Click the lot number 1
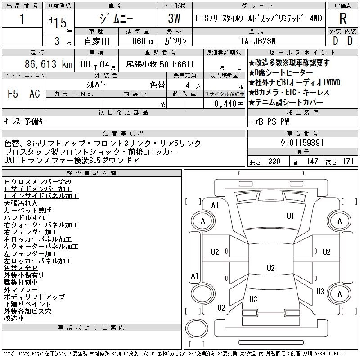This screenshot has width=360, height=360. pyautogui.click(x=22, y=20)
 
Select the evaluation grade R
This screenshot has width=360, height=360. pyautogui.click(x=342, y=19)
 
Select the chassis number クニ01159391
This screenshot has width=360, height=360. pyautogui.click(x=299, y=143)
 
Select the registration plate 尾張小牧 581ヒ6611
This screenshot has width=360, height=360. pyautogui.click(x=160, y=64)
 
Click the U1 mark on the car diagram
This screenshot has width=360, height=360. pyautogui.click(x=290, y=216)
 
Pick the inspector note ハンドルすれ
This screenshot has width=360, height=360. pyautogui.click(x=24, y=217)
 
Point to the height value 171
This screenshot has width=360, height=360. pyautogui.click(x=347, y=162)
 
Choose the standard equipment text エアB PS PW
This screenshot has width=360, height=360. pyautogui.click(x=270, y=121)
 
